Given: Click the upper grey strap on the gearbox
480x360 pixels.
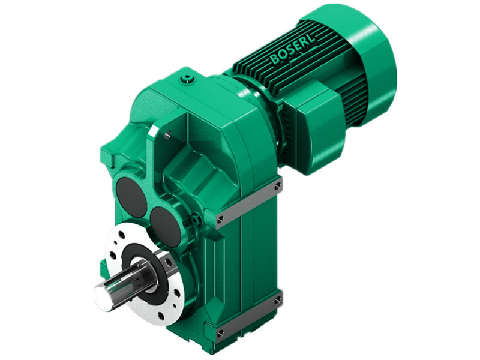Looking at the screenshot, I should (x=249, y=202).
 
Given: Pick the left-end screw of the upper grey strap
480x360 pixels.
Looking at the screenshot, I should (x=221, y=219).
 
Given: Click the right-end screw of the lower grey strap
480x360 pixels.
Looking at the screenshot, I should (x=277, y=299).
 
